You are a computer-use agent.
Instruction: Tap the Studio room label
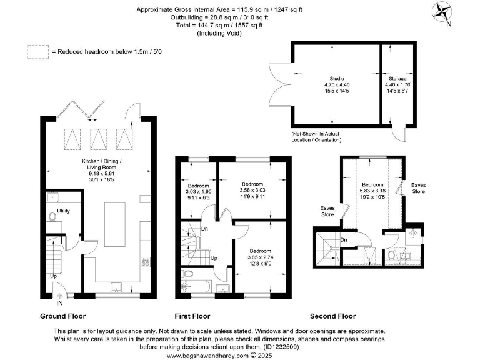pos(337,78)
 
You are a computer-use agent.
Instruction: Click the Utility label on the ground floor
pos(63,211)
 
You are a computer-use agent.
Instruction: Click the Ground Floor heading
pos(62,316)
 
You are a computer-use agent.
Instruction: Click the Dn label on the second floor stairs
pos(343,240)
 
